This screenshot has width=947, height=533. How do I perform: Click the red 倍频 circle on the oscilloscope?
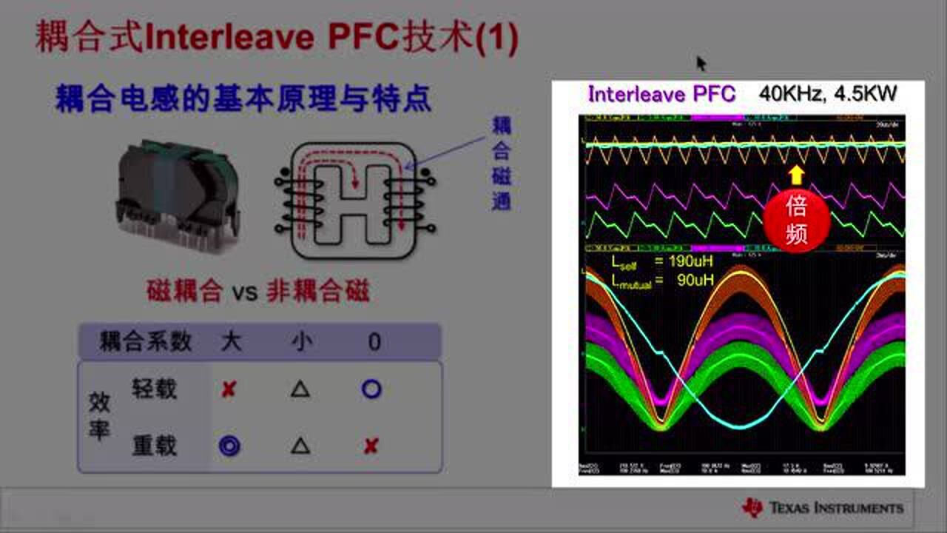pos(796,221)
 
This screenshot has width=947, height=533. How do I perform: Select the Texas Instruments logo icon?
pos(752,507)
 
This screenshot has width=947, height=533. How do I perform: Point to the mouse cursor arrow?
pos(701,64)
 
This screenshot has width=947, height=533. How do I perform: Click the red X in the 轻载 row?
pos(229,389)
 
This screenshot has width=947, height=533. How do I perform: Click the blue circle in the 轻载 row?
pos(371,389)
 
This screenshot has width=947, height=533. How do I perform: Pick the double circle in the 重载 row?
pos(229,446)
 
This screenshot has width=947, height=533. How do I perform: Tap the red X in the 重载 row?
pos(371,446)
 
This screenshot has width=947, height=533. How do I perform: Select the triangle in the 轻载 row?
pos(300,389)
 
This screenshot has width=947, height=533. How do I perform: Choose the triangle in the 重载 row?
pos(300,446)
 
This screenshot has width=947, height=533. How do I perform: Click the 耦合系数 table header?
pos(146,341)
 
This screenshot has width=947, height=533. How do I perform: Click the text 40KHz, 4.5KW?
pos(828,94)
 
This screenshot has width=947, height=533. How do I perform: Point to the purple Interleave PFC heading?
pos(661,94)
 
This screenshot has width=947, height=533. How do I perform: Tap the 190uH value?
pos(684,261)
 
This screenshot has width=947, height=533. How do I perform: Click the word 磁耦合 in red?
pos(184,292)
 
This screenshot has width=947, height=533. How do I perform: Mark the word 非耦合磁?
pos(317,292)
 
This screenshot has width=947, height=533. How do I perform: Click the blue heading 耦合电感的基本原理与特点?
pos(243,99)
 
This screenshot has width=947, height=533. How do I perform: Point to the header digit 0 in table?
pos(374,341)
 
